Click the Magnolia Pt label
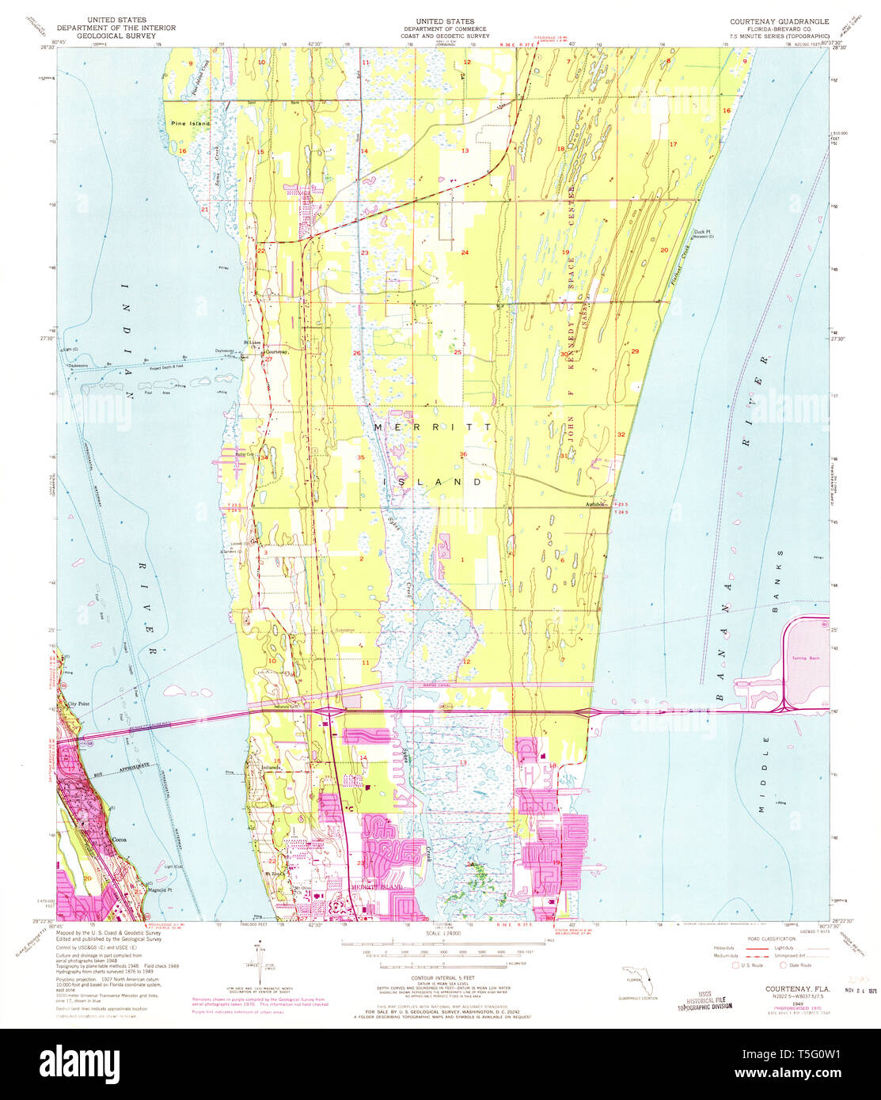(161, 889)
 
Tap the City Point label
(79, 703)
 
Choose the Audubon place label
(594, 504)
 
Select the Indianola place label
(272, 767)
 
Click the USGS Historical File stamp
(704, 999)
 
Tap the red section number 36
(463, 453)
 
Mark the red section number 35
(361, 457)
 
